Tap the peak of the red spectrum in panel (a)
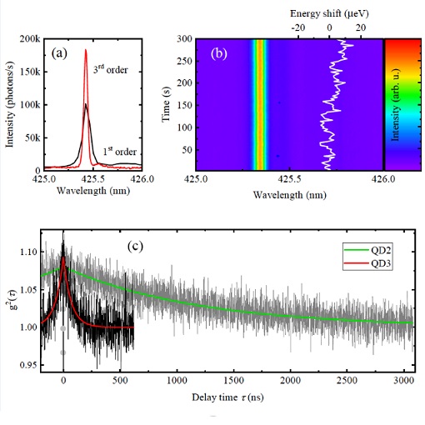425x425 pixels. [86, 50]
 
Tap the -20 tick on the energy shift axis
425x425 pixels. [297, 27]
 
